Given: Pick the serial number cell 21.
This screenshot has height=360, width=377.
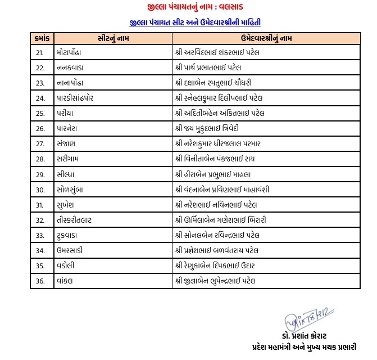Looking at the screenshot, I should pos(40,53).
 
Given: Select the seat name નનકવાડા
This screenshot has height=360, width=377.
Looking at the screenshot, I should pos(70,68).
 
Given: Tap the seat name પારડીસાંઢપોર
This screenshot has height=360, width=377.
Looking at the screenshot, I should pos(78,98).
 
